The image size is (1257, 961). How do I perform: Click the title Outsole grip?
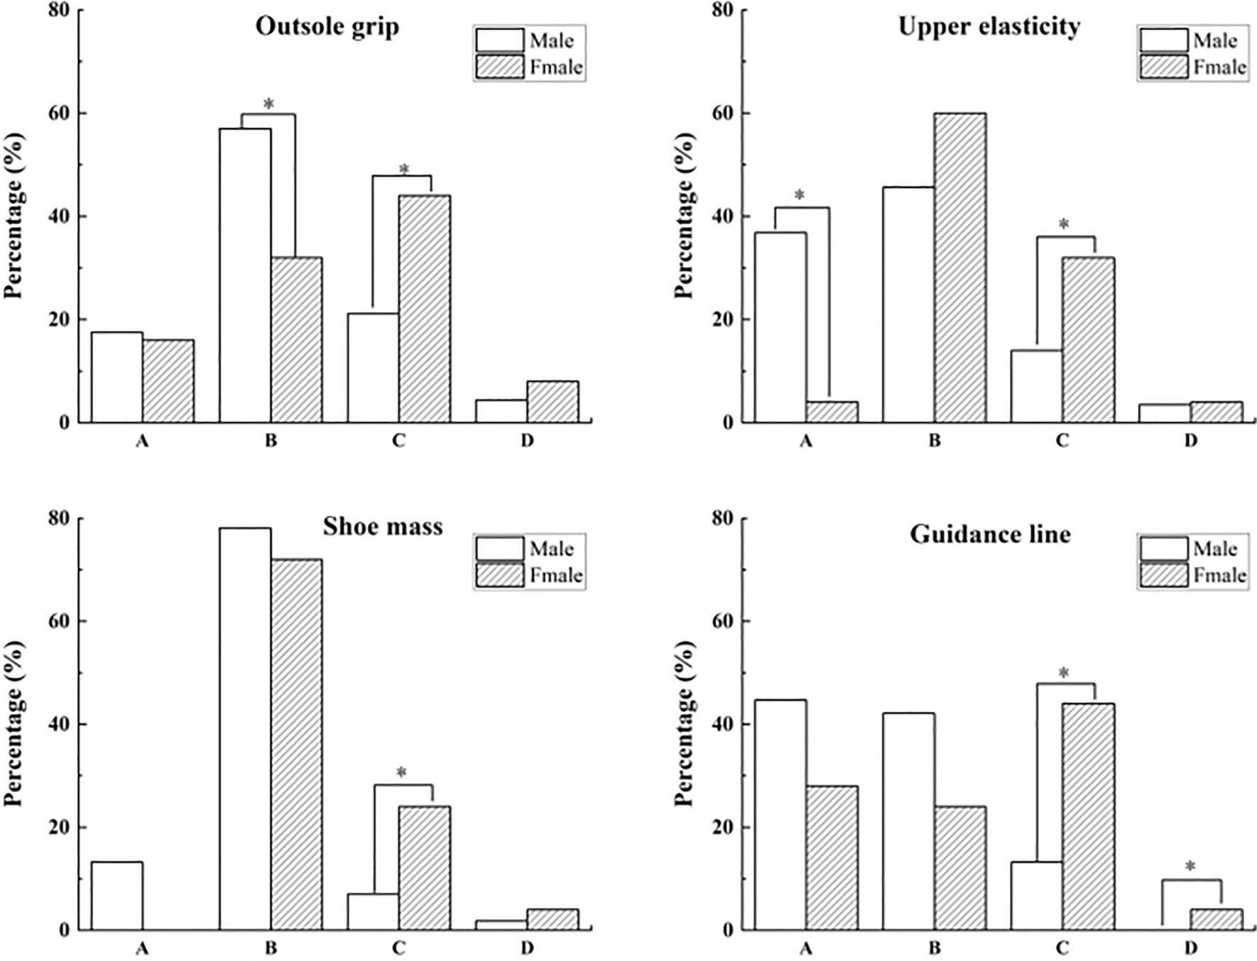click(x=327, y=27)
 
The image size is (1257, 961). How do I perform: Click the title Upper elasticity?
click(x=989, y=27)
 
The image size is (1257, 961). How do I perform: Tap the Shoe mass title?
click(x=382, y=527)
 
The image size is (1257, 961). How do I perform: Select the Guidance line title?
click(x=990, y=534)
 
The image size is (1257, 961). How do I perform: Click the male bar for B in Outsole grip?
click(x=244, y=277)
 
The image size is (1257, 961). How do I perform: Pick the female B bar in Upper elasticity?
click(x=959, y=268)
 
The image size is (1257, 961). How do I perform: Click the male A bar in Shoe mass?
click(x=116, y=896)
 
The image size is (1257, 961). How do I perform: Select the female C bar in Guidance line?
click(x=1088, y=816)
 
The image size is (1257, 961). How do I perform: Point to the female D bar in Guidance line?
click(x=1216, y=920)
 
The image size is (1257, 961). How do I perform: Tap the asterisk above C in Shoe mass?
click(x=401, y=773)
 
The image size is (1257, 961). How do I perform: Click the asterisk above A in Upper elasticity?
click(x=800, y=195)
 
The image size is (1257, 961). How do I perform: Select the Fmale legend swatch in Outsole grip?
click(x=500, y=67)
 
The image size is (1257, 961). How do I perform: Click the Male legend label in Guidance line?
click(x=1215, y=549)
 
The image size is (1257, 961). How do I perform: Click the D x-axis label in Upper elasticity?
click(x=1190, y=441)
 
